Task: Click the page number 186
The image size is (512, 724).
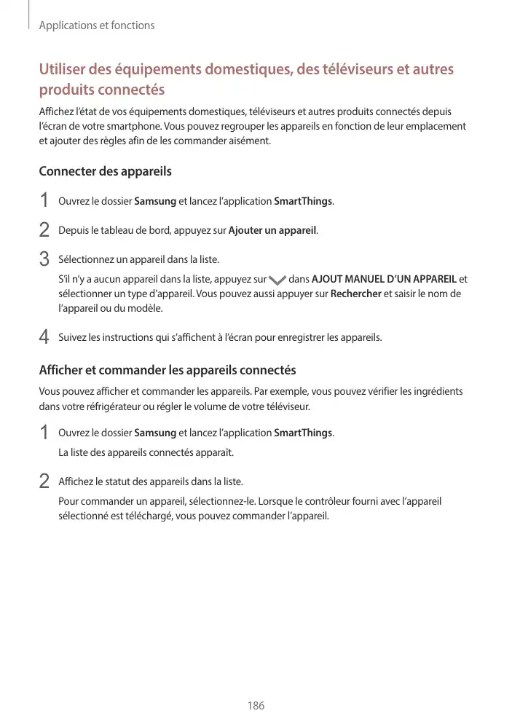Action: [x=256, y=706]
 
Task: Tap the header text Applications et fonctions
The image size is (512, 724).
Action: [x=97, y=25]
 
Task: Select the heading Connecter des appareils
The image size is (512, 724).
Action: [x=105, y=172]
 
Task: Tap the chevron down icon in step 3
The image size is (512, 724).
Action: [x=277, y=280]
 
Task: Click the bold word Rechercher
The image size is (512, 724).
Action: [x=356, y=294]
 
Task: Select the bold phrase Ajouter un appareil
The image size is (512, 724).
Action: [x=272, y=231]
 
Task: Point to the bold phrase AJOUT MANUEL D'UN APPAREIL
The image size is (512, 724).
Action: [x=384, y=279]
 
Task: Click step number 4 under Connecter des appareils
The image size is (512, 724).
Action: [x=44, y=337]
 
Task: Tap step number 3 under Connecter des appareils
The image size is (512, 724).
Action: [x=44, y=259]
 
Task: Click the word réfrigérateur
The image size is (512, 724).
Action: [x=106, y=406]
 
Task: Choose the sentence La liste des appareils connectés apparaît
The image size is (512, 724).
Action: [x=146, y=452]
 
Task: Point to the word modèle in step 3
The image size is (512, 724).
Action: [x=147, y=308]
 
